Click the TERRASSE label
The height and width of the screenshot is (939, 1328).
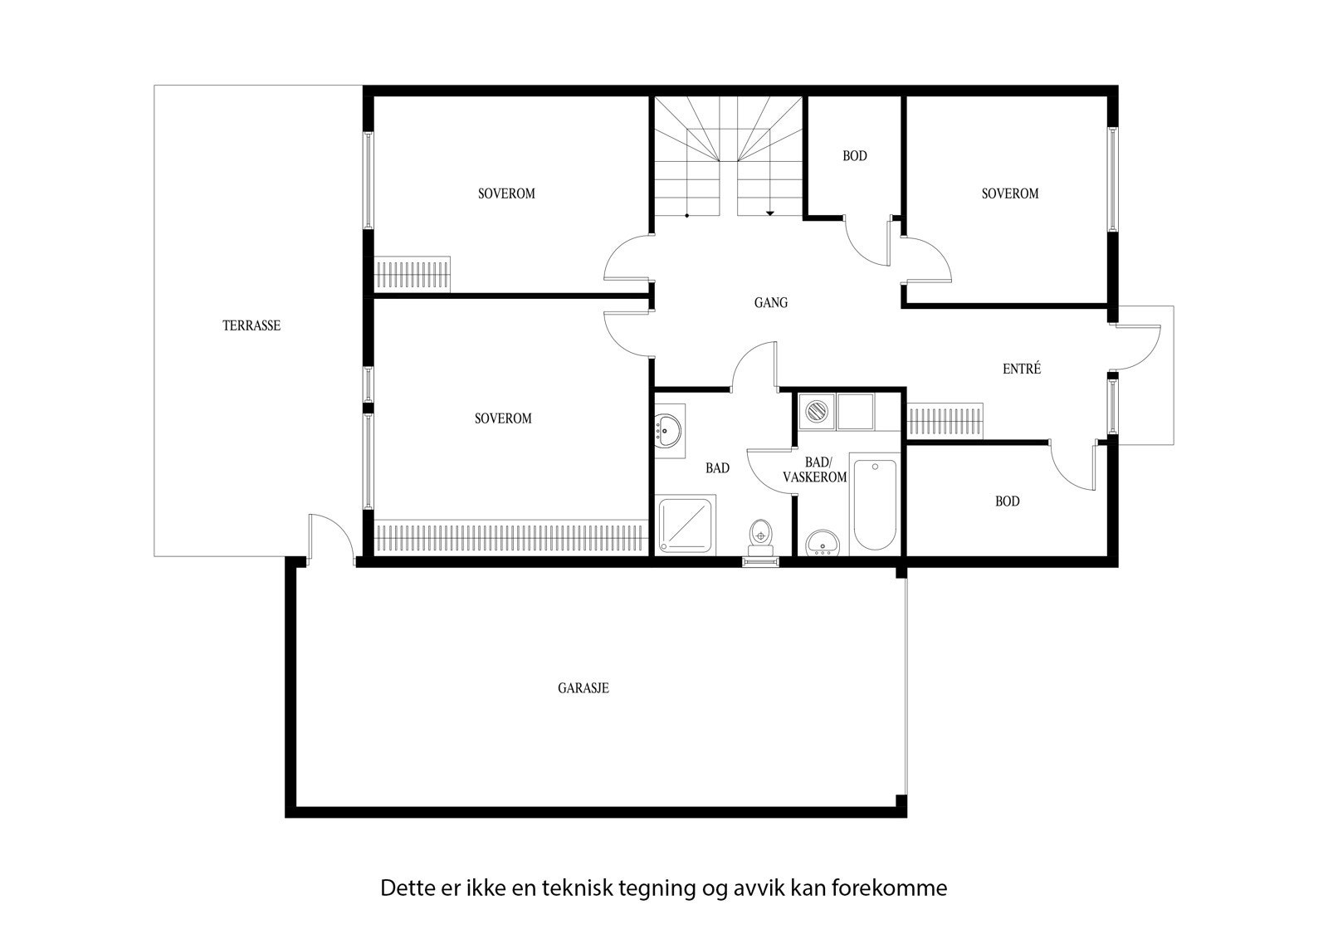[251, 325]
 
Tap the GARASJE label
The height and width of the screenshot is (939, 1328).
[583, 687]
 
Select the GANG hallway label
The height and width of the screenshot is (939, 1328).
[770, 303]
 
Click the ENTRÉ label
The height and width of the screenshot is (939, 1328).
[1021, 369]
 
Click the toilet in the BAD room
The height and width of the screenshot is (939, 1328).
[759, 536]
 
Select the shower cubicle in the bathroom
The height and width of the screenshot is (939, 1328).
[686, 525]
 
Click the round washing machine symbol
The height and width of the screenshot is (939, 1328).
[818, 412]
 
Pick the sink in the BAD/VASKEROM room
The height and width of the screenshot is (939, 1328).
[823, 541]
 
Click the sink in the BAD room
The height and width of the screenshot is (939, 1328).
[666, 430]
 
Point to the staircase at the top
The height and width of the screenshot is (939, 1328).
[728, 158]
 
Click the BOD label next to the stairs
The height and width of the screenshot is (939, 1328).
[854, 156]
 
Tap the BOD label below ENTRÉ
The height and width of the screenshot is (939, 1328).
[1007, 501]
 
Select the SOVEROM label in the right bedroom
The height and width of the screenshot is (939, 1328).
[1009, 193]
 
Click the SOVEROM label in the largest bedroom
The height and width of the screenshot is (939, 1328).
[503, 418]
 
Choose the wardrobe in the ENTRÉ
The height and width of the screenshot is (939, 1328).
[945, 420]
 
